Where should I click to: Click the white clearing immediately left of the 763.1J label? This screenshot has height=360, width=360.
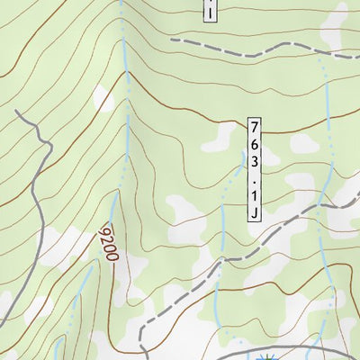coord(221,138)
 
